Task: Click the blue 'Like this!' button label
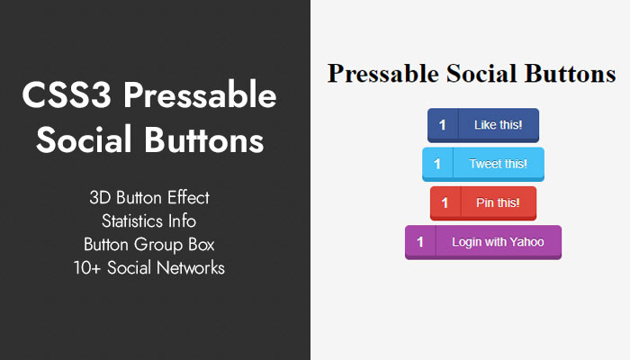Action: click(x=499, y=125)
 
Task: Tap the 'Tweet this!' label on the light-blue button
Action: click(x=499, y=164)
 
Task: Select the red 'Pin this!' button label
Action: click(x=499, y=202)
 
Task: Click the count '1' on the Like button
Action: click(x=443, y=125)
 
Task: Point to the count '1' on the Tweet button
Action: click(x=437, y=164)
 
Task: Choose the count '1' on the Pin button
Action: click(x=445, y=202)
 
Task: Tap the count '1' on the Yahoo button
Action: click(x=420, y=242)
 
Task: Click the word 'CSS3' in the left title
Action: click(x=67, y=94)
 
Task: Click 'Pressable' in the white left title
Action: click(x=200, y=95)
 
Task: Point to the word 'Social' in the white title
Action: click(x=84, y=139)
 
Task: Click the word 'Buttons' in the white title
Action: click(x=204, y=139)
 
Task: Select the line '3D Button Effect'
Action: click(x=149, y=198)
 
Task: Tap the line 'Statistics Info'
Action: click(x=149, y=221)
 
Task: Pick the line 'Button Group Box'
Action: click(x=149, y=245)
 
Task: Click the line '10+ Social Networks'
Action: click(x=149, y=268)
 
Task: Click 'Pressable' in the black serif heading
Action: click(x=383, y=74)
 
